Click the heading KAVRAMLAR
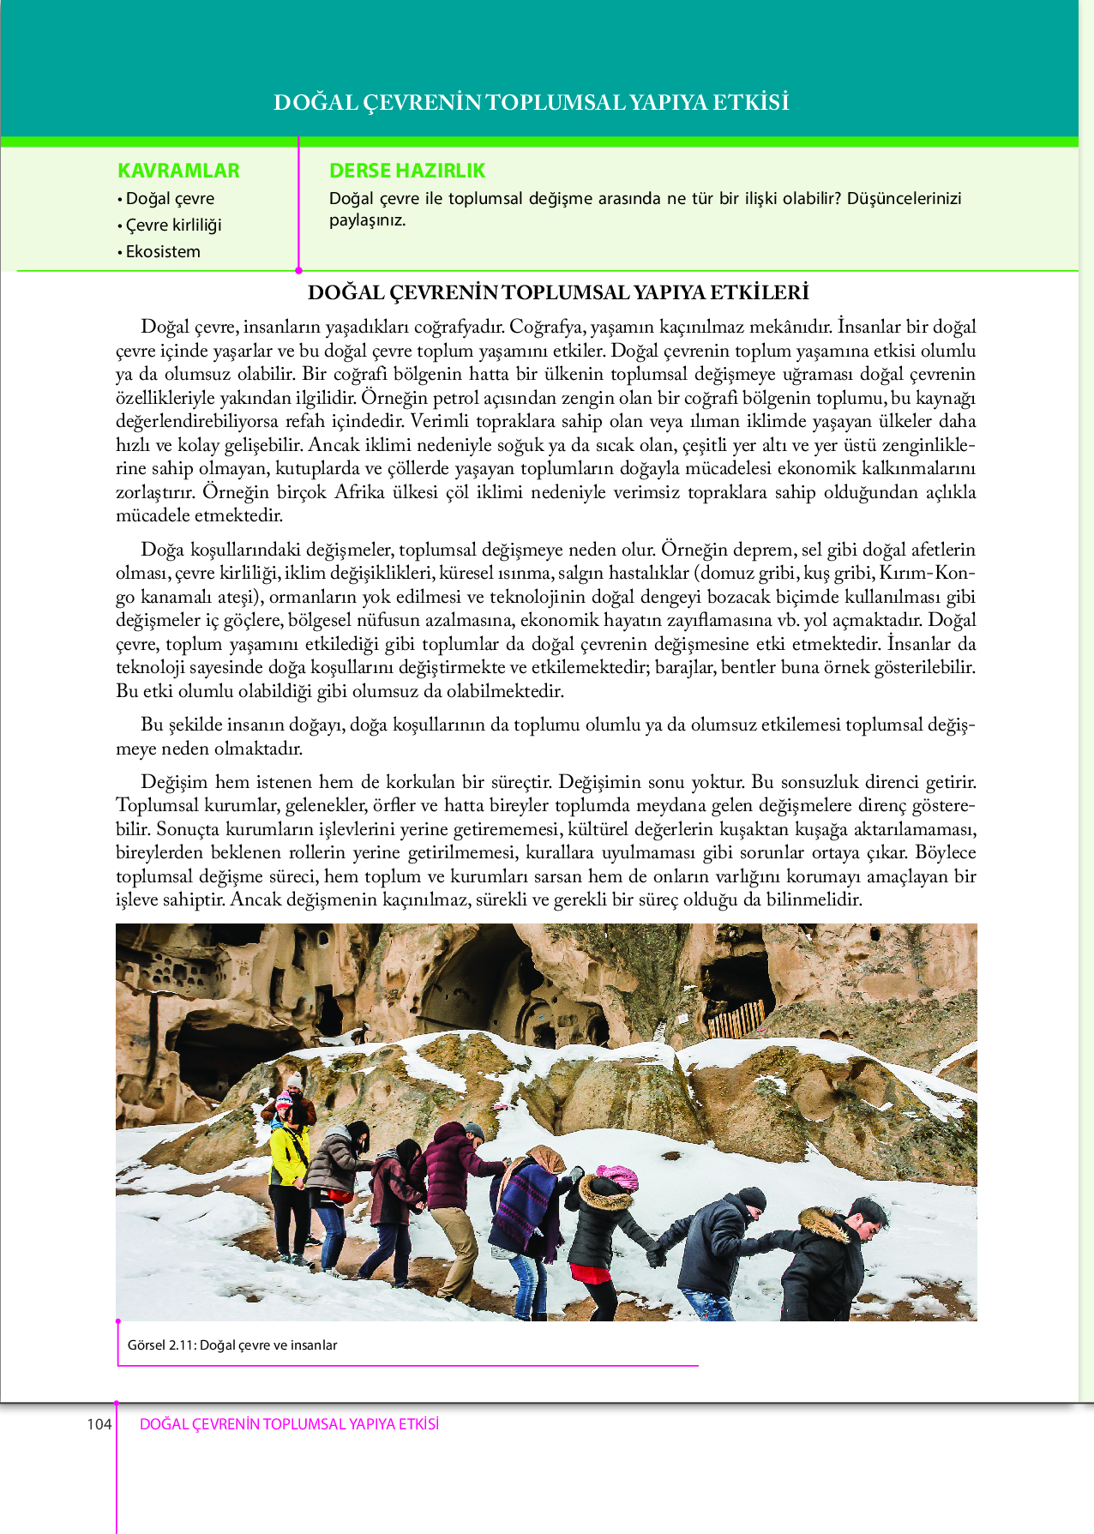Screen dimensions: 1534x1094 (x=178, y=171)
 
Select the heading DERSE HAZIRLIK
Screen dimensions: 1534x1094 (x=407, y=171)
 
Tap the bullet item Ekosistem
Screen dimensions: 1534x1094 (x=163, y=252)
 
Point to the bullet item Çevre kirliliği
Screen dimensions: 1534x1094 (x=173, y=226)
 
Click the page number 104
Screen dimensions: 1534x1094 (x=99, y=1424)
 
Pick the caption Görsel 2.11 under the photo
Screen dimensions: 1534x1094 (x=232, y=1345)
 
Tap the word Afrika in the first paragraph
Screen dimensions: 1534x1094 (x=359, y=492)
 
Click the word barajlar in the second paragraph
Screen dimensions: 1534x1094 (x=686, y=667)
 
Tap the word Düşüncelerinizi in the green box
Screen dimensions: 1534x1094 (x=904, y=199)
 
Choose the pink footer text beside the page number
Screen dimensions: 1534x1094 (x=289, y=1424)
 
